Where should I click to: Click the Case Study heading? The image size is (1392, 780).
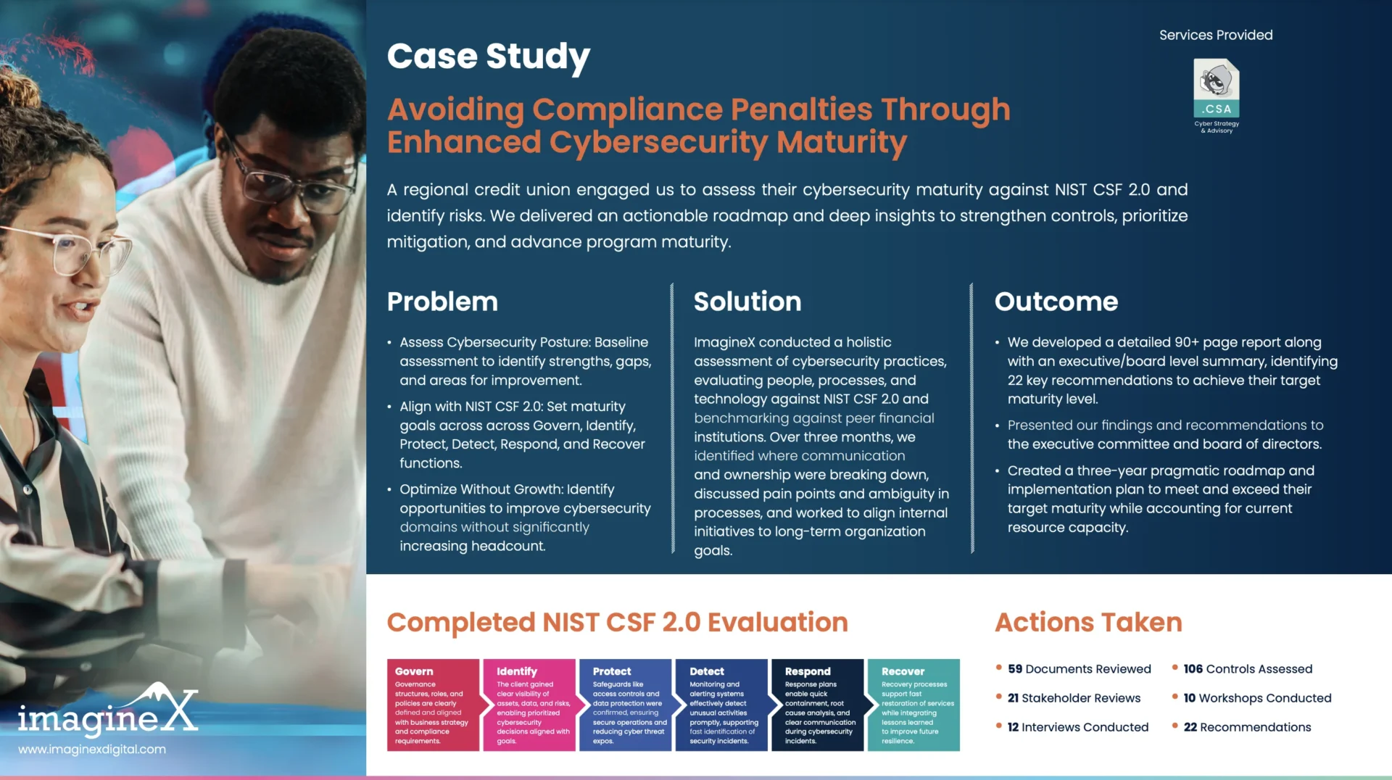489,57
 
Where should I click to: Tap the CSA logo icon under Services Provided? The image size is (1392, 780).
1217,88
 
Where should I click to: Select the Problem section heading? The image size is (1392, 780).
442,302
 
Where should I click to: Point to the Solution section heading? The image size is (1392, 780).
747,302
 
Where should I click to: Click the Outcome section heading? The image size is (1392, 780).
1056,302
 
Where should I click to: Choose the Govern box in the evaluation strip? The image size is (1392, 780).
433,705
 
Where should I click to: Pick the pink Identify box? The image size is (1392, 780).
529,705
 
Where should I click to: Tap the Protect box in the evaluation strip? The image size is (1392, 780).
626,705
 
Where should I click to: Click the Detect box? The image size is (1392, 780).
721,705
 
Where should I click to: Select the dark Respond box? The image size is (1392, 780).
818,705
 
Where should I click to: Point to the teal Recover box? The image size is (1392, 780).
913,705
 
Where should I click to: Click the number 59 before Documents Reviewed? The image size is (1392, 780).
1015,669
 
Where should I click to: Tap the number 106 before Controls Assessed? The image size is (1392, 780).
1193,669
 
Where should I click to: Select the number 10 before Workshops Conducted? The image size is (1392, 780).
1190,698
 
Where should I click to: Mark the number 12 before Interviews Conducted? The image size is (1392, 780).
1013,727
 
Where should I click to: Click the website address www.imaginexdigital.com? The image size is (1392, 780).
92,750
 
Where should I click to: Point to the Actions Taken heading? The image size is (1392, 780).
1088,623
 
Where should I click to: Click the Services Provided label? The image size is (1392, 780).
1216,35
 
